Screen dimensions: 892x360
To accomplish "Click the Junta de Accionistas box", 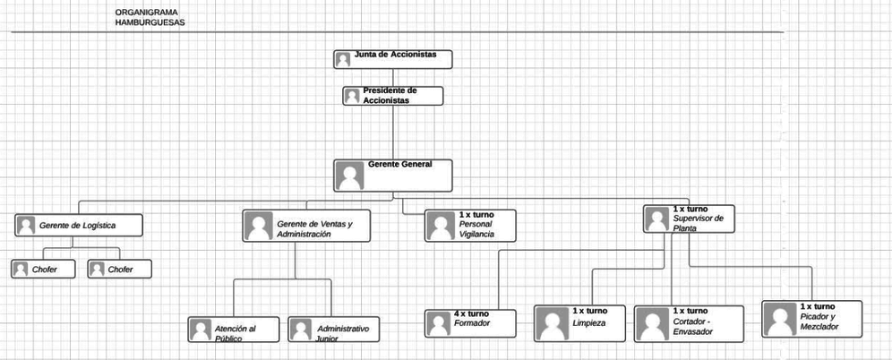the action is (392, 59).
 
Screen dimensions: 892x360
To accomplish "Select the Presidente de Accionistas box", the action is (392, 96).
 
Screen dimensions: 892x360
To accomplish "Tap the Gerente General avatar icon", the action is (349, 176).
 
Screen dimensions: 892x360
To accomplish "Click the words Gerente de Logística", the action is (77, 226).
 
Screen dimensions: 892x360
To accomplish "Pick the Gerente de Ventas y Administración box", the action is (306, 226).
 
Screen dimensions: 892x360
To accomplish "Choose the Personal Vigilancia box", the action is (470, 226).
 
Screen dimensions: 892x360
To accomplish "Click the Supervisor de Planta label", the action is (698, 223).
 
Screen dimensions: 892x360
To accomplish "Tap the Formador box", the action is (470, 323).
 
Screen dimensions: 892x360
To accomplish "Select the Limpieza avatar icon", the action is (553, 323).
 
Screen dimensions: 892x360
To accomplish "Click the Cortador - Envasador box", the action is (689, 324).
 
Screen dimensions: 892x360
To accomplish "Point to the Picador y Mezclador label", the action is (819, 321).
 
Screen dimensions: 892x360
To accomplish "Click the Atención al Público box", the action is (233, 330).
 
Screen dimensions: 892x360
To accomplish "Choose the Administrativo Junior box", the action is (333, 330).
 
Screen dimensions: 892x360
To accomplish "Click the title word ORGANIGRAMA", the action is (146, 12).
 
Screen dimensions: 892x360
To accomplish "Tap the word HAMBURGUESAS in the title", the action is (150, 22).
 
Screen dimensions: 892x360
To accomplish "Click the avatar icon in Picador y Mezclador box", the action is (780, 319).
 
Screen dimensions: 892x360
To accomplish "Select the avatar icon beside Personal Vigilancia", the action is (441, 226).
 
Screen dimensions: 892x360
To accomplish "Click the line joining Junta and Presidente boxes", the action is (392, 78).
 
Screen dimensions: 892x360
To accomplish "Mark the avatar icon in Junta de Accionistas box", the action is (342, 60).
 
